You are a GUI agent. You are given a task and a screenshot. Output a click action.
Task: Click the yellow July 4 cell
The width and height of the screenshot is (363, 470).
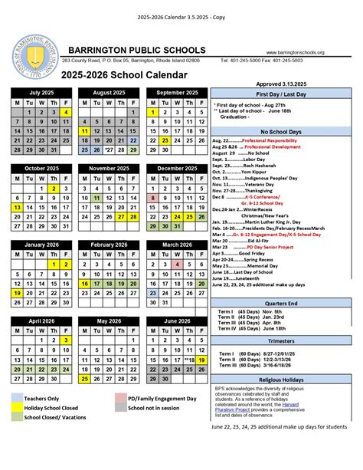[x=66, y=113]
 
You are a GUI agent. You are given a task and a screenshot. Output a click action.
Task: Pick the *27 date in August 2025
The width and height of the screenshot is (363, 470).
[x=110, y=150]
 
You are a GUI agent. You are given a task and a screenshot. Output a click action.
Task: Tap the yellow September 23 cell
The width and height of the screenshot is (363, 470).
[x=165, y=141]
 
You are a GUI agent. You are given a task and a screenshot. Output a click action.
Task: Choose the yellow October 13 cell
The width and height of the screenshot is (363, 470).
[x=16, y=207]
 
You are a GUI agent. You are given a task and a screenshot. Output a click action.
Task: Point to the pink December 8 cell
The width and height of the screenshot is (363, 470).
[x=153, y=198]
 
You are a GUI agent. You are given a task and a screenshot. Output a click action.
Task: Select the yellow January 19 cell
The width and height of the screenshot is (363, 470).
[x=16, y=293]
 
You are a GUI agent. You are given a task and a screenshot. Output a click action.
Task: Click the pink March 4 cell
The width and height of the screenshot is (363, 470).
[x=178, y=265]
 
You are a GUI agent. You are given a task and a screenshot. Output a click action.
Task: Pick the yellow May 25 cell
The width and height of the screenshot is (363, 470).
[x=84, y=378]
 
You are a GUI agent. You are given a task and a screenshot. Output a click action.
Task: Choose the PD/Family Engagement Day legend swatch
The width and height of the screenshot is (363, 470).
[x=123, y=398]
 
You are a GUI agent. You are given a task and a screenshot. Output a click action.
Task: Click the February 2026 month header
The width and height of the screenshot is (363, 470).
[x=110, y=245]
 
